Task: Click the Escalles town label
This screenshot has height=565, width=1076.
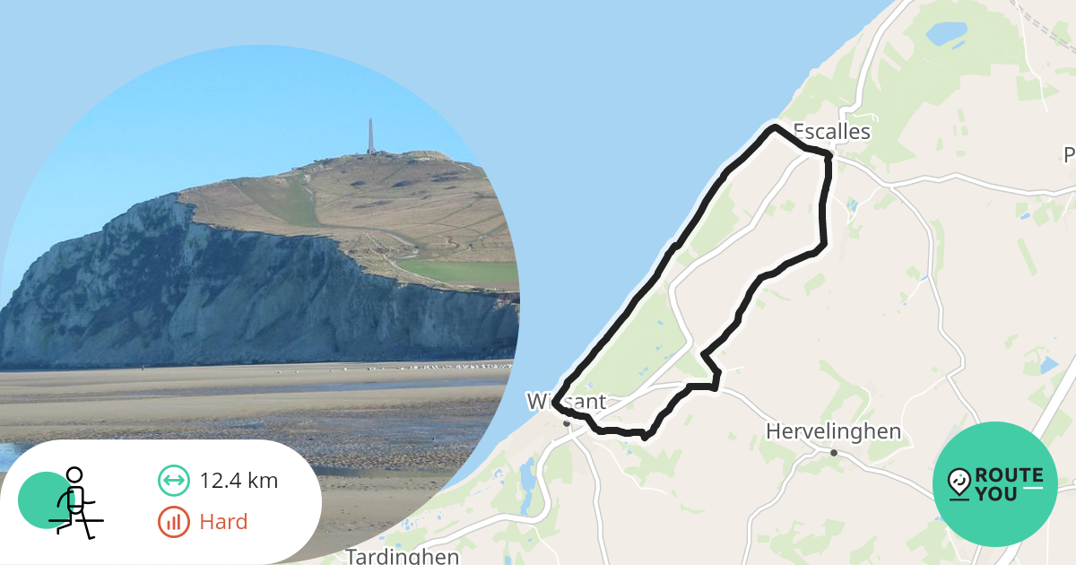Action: point(832,132)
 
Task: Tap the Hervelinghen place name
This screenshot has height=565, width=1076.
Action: point(833,432)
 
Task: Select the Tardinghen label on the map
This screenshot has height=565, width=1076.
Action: point(403,556)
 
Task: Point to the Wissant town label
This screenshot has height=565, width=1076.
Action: point(566,402)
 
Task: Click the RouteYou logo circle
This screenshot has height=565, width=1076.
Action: point(995,484)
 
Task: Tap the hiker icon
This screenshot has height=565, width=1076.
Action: point(74,501)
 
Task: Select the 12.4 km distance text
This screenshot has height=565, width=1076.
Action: point(239,481)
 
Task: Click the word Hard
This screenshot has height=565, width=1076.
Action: point(223,522)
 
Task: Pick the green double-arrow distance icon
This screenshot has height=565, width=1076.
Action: point(173,481)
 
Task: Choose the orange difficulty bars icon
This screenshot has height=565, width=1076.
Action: point(173,522)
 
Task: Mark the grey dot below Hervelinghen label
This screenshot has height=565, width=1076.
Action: point(834,453)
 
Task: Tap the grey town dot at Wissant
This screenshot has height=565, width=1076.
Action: point(566,422)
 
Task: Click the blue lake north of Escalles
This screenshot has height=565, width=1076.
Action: point(946,34)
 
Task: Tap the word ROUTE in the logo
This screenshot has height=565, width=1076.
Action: point(1009,475)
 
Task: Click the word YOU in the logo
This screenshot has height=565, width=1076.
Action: point(996,494)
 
